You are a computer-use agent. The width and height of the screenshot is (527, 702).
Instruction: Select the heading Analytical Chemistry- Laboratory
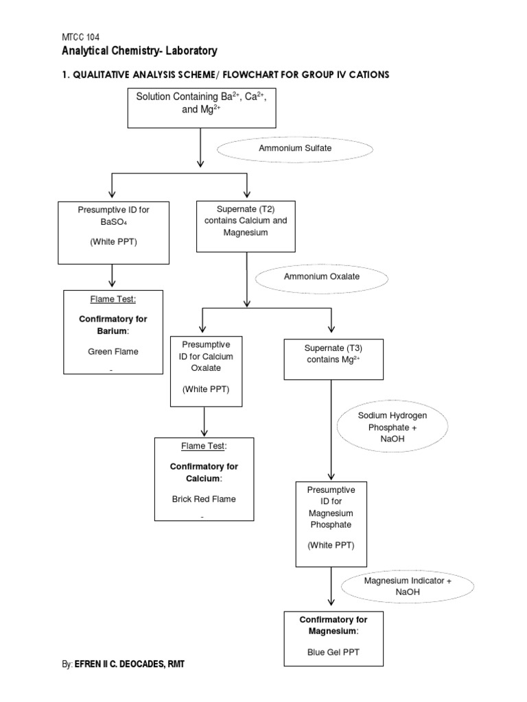pyautogui.click(x=140, y=51)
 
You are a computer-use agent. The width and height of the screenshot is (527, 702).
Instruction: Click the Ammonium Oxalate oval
pyautogui.click(x=322, y=276)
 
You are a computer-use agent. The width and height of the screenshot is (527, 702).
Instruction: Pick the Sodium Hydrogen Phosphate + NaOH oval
pyautogui.click(x=393, y=427)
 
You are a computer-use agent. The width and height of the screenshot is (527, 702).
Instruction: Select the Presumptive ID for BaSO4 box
pyautogui.click(x=114, y=232)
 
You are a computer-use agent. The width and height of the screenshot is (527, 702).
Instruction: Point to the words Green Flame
pyautogui.click(x=113, y=352)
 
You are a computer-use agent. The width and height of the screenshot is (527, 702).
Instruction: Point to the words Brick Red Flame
pyautogui.click(x=203, y=499)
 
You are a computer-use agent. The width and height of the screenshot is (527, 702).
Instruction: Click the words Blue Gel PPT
pyautogui.click(x=333, y=652)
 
